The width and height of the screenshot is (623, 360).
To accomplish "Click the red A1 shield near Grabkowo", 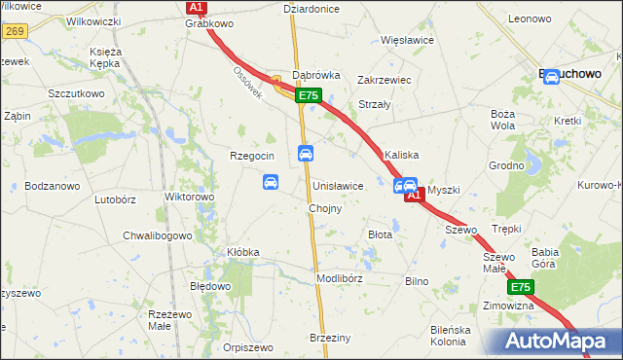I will coord(196,7).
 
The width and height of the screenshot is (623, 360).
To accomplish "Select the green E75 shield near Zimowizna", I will coord(520,287).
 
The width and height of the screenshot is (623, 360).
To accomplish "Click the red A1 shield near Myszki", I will coord(414,196).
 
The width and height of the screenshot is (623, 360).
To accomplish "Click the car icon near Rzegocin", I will coord(305,154).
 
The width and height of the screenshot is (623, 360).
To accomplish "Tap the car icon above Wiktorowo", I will coord(271,182).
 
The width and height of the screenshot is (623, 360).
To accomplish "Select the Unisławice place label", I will coord(338,185).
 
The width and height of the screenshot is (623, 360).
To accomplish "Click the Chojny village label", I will coord(324,209).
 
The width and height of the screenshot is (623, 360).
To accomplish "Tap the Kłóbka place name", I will coord(242,252).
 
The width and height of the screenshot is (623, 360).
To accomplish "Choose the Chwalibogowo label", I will coord(157,235).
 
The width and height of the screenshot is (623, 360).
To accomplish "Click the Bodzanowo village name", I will coord(51,185).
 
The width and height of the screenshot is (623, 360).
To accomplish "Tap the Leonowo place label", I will coord(529,18).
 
